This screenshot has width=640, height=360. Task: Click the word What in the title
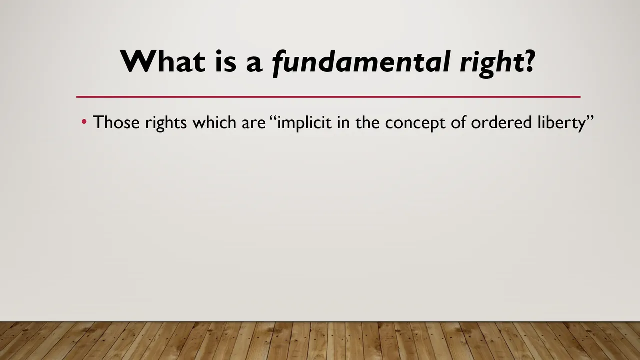pyautogui.click(x=163, y=61)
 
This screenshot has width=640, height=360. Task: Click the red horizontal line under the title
pyautogui.click(x=328, y=97)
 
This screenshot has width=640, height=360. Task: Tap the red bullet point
pyautogui.click(x=84, y=122)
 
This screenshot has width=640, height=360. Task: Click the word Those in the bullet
pyautogui.click(x=116, y=122)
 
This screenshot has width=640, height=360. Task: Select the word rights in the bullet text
pyautogui.click(x=166, y=123)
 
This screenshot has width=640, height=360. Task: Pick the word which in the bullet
pyautogui.click(x=214, y=122)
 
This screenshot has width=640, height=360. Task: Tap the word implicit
pyautogui.click(x=304, y=123)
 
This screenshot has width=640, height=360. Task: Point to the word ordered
pyautogui.click(x=501, y=122)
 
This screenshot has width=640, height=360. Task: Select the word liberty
pyautogui.click(x=561, y=123)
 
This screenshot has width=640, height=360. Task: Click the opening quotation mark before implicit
pyautogui.click(x=273, y=118)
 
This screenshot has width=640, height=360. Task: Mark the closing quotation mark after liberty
pyautogui.click(x=589, y=118)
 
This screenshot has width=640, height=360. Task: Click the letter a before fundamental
pyautogui.click(x=254, y=64)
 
